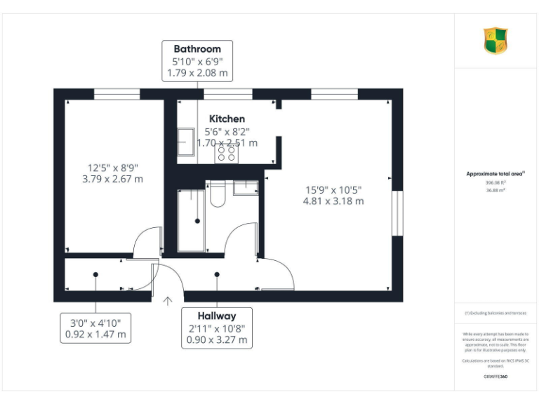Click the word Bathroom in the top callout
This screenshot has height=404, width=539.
[x=197, y=49]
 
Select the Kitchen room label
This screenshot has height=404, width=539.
[x=227, y=119]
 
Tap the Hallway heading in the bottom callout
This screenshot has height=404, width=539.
[x=217, y=316]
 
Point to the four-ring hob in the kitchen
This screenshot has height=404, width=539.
[x=227, y=153]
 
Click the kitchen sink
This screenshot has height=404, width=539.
[x=186, y=144]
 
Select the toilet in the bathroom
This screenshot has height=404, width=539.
[x=217, y=194]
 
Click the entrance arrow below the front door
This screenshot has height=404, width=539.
[x=168, y=302]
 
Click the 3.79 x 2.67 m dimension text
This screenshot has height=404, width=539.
[x=112, y=179]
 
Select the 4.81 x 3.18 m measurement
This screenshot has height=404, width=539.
[x=333, y=201]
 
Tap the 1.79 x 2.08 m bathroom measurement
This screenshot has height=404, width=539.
[x=197, y=72]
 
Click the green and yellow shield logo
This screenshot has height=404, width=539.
[x=495, y=41]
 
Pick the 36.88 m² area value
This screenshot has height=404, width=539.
[x=495, y=190]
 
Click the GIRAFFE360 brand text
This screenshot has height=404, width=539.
[x=495, y=377]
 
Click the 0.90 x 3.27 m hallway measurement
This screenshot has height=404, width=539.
[x=217, y=340]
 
